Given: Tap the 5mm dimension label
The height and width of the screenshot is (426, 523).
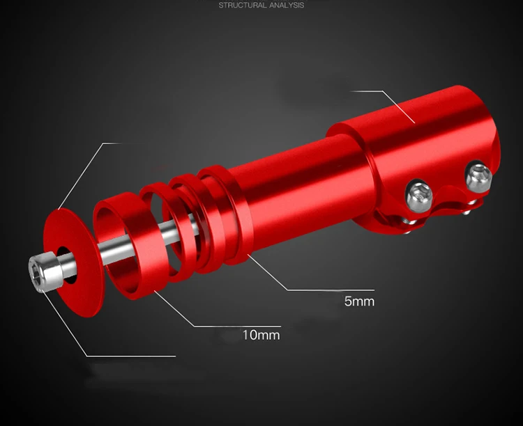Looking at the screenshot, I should pos(359,302).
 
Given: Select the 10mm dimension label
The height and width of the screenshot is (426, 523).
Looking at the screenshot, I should pos(261,335).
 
